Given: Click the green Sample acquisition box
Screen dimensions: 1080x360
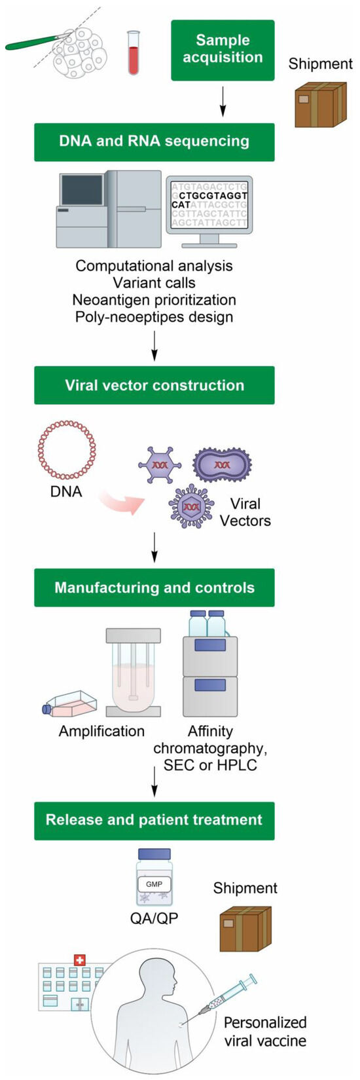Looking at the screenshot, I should [x=223, y=50].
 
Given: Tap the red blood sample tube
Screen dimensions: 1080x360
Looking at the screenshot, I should [x=134, y=54].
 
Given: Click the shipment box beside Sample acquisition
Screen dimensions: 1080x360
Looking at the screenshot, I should [x=320, y=104].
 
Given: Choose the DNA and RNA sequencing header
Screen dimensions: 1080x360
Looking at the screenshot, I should [x=154, y=141].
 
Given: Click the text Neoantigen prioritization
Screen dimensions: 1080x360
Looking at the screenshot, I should [x=154, y=300].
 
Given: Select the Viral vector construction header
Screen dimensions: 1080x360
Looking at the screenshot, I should [x=154, y=385].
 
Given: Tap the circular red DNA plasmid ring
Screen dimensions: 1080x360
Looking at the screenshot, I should [x=67, y=450].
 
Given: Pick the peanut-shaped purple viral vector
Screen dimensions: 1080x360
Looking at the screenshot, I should [x=223, y=464].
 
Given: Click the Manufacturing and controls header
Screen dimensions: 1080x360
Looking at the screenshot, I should [x=154, y=587].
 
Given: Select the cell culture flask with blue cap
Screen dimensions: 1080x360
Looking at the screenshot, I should [x=70, y=703].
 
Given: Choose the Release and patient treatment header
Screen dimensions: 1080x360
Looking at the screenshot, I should [x=154, y=820].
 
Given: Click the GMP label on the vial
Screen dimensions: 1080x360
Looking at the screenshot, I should [x=154, y=884].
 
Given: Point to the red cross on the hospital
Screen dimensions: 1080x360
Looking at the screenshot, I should [x=80, y=959].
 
